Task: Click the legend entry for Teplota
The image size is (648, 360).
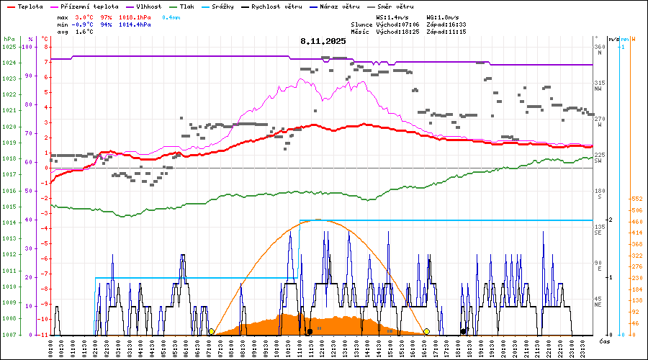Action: [25, 6]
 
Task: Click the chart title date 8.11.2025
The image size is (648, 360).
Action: [323, 41]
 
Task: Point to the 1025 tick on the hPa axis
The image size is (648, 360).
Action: [9, 47]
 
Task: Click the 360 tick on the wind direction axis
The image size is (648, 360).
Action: [599, 47]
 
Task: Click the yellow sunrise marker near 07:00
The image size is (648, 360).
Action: [211, 332]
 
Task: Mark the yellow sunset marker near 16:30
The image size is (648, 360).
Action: [427, 332]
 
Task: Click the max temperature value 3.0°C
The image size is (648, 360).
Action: [84, 17]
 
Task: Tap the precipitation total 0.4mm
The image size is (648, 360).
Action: [171, 17]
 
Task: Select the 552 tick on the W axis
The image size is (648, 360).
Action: [636, 199]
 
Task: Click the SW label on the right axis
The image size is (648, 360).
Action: [598, 161]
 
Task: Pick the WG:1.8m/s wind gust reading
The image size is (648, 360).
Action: [445, 17]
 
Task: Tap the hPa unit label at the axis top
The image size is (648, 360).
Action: [9, 38]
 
